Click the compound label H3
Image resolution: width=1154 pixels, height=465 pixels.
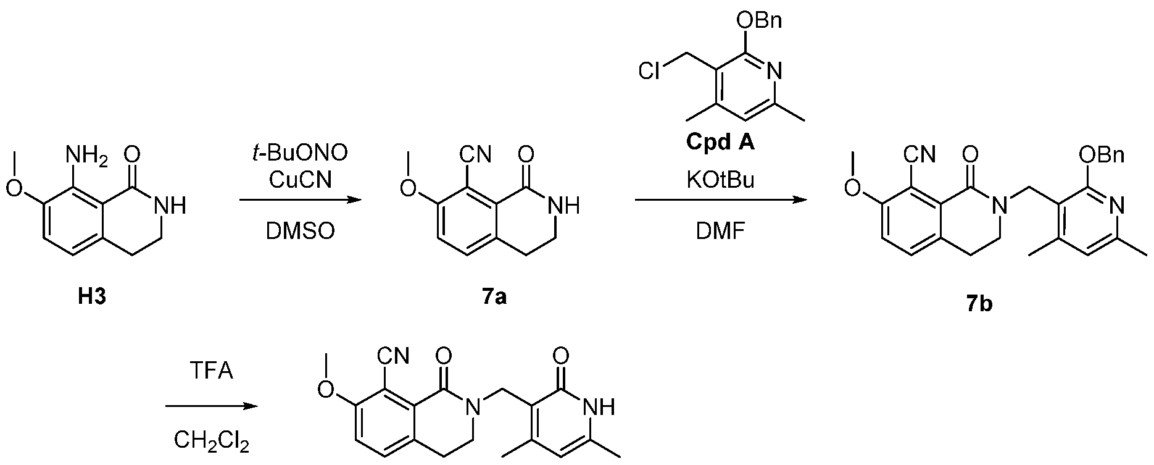(92, 297)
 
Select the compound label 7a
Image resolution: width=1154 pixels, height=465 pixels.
(494, 297)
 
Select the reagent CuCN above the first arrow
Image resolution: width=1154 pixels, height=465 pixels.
(301, 180)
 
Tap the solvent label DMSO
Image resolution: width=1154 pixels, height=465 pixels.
(301, 230)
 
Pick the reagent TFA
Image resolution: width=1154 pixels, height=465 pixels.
(211, 372)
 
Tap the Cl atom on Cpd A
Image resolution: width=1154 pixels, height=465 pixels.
(648, 72)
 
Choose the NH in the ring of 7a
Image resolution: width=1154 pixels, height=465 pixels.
(565, 206)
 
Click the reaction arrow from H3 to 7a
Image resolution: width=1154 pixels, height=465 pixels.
(300, 200)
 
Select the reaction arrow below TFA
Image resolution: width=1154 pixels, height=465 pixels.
(210, 406)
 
